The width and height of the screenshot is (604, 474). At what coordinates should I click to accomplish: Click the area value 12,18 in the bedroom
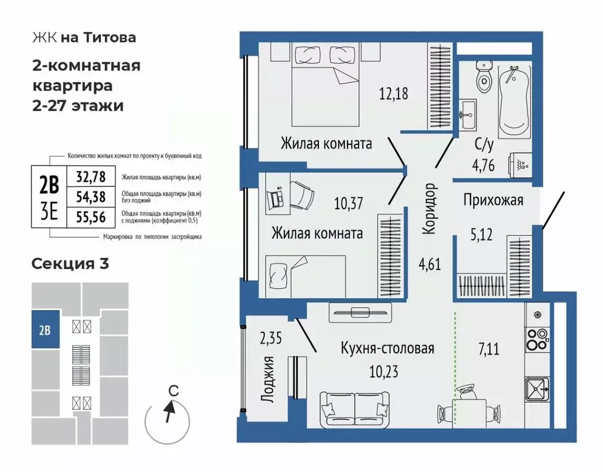(394, 94)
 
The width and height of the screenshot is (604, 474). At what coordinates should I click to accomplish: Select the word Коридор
(430, 209)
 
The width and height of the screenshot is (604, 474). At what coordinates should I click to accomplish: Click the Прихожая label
(493, 200)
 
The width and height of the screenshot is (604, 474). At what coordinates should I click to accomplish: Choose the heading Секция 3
(70, 264)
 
